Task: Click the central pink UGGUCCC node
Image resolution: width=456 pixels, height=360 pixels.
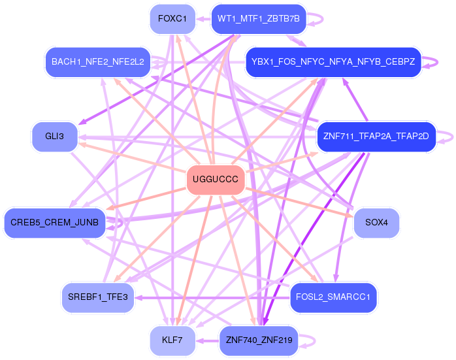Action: (x=216, y=179)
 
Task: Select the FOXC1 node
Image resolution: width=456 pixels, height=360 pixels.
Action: (x=172, y=18)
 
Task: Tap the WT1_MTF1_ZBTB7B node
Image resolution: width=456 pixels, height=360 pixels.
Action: (x=259, y=18)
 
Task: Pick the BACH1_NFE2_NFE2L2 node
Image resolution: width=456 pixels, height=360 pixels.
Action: (x=98, y=62)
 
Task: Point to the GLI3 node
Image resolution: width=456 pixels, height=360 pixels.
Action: (x=55, y=137)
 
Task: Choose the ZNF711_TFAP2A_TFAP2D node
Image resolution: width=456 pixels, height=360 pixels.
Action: (x=376, y=137)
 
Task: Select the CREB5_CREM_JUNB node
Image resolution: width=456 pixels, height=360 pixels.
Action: (x=54, y=223)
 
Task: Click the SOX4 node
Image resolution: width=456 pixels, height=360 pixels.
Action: (x=376, y=223)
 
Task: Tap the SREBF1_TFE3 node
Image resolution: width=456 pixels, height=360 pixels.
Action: (x=98, y=297)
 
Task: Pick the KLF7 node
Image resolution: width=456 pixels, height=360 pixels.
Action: (x=172, y=340)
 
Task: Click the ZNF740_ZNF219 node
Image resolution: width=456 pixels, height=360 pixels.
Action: (x=259, y=340)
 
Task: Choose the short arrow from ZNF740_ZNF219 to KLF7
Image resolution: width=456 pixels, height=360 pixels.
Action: (x=208, y=340)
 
